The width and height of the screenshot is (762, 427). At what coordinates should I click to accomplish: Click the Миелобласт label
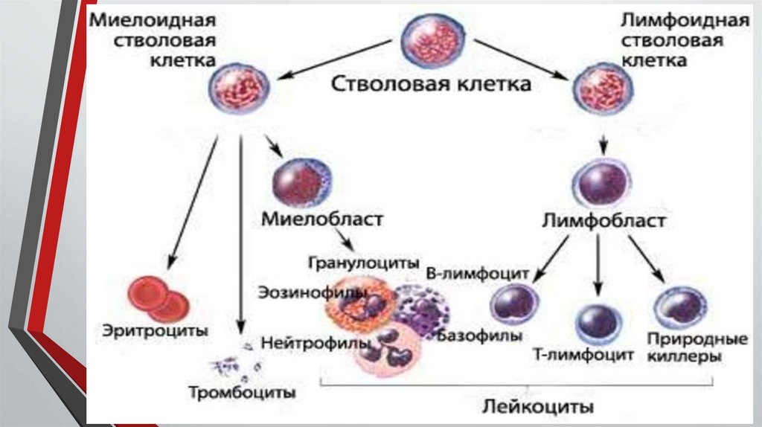[x=322, y=219]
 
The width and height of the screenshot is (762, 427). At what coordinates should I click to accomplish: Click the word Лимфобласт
[x=603, y=222]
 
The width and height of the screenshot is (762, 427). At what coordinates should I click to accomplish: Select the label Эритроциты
[x=156, y=330]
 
